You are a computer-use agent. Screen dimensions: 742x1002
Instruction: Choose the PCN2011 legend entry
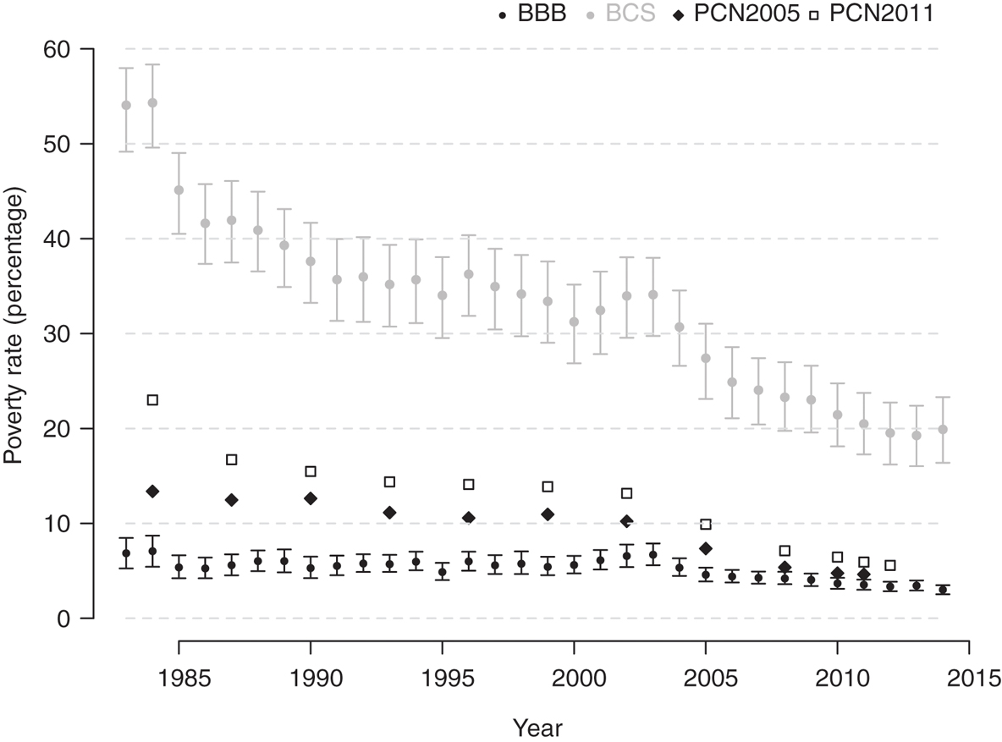880,14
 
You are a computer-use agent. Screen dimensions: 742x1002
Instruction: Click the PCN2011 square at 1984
152,399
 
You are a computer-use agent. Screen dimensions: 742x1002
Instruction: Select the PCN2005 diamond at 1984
152,492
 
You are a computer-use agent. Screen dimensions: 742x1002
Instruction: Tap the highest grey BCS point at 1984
152,103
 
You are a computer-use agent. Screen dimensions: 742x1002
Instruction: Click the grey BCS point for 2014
943,430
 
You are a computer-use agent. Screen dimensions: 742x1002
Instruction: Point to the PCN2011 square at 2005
706,525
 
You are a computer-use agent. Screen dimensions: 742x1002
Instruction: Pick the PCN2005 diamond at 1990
311,498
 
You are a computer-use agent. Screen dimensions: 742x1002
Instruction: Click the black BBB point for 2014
943,590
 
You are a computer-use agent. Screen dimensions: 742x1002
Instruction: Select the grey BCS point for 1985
179,190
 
